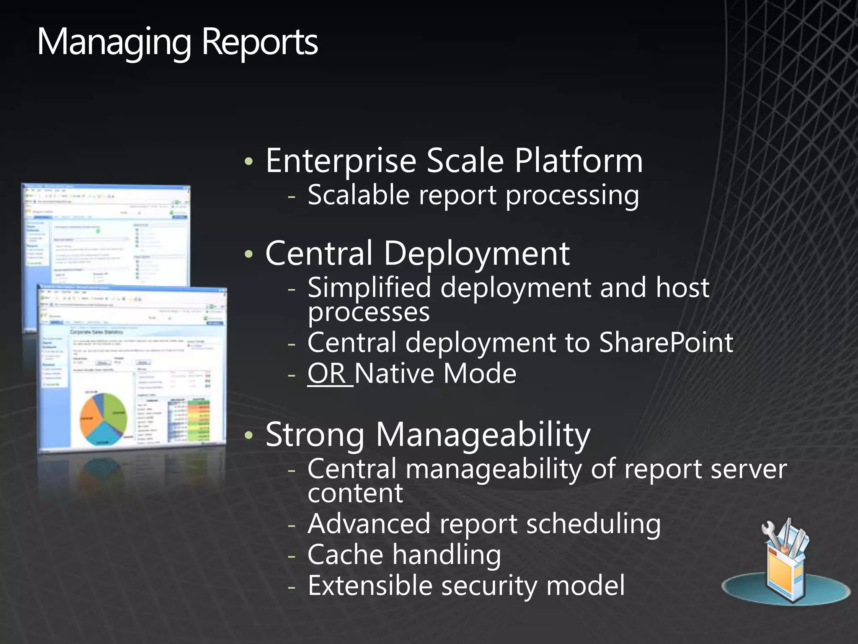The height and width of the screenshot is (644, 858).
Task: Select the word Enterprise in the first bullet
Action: (x=341, y=161)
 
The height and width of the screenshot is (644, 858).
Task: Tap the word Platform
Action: (x=578, y=161)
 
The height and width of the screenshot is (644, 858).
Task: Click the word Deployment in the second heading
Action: (x=476, y=254)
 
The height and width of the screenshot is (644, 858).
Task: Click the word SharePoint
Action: (x=666, y=343)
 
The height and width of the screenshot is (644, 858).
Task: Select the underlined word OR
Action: (x=326, y=374)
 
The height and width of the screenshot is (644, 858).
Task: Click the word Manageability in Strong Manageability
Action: (x=483, y=435)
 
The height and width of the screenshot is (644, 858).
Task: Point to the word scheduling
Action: (x=593, y=525)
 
